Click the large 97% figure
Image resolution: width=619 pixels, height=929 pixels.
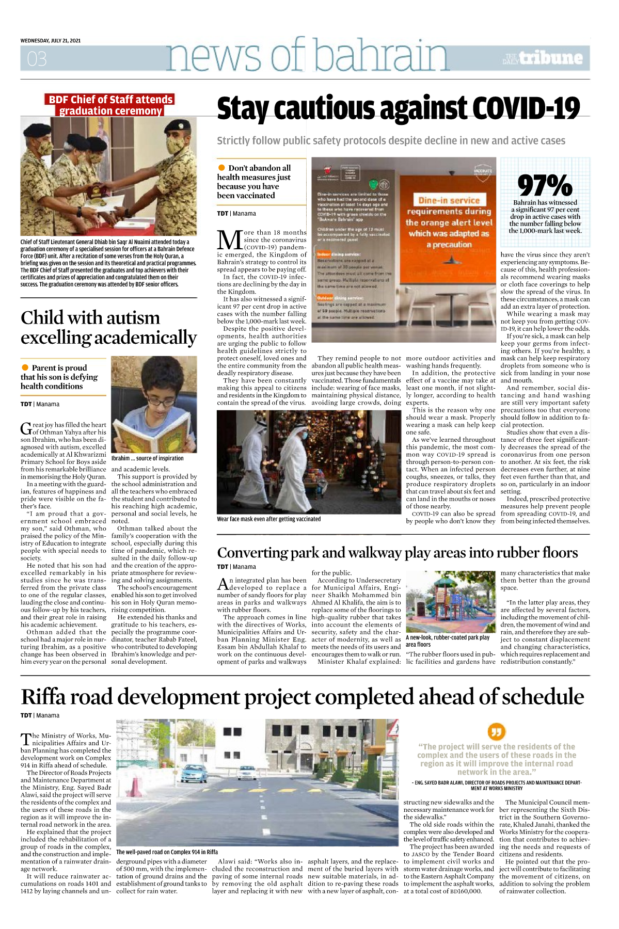pos(545,185)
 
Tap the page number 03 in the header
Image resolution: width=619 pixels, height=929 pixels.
pos(37,59)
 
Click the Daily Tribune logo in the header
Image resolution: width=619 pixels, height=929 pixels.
pos(544,58)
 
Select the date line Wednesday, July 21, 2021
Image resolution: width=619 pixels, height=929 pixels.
pos(51,40)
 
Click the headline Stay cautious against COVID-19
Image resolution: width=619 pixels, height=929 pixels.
pos(398,109)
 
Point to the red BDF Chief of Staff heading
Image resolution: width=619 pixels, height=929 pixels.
pos(110,105)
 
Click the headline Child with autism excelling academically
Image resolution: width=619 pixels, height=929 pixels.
pos(108,327)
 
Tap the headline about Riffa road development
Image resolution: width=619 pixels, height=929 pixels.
pos(302,697)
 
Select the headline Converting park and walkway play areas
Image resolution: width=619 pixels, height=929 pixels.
pos(397,553)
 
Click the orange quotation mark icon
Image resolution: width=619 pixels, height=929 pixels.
pos(496,731)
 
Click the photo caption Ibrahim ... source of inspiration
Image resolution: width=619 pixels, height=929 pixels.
pos(147,458)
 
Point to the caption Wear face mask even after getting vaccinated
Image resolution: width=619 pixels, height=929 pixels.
pos(268,519)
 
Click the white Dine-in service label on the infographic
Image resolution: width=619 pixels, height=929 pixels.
pos(449,200)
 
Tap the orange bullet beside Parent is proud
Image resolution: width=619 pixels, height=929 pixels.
pos(25,367)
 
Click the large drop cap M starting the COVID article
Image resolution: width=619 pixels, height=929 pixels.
pos(229,240)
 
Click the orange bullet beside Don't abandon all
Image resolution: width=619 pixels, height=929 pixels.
pos(221,168)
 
